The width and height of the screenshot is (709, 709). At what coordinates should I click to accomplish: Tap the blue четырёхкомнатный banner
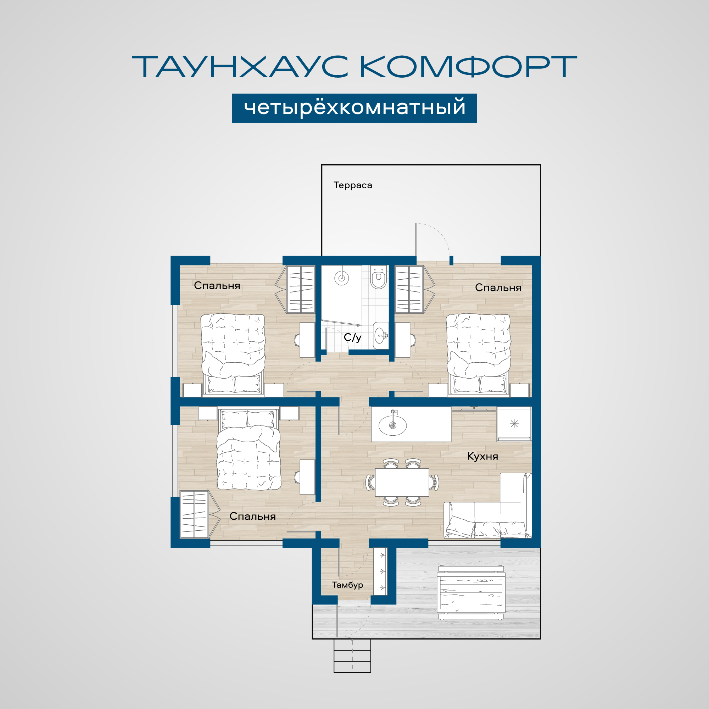[x=354, y=108]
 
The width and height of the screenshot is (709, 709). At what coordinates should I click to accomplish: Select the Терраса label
[x=353, y=185]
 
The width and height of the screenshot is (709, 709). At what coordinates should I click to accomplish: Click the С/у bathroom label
[x=353, y=337]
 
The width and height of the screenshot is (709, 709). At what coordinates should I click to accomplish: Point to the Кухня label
[x=482, y=456]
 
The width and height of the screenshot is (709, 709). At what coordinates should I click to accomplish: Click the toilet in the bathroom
[x=378, y=277]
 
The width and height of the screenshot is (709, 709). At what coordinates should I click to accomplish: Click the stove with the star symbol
[x=514, y=424]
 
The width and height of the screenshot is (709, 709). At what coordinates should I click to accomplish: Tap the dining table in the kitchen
[x=402, y=482]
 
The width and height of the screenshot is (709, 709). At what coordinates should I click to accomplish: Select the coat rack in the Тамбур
[x=380, y=571]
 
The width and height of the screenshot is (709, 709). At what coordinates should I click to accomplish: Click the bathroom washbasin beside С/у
[x=380, y=335]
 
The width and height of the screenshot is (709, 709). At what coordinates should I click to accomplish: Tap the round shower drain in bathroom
[x=342, y=278]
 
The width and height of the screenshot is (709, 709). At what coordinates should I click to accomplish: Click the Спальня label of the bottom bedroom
[x=252, y=517]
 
